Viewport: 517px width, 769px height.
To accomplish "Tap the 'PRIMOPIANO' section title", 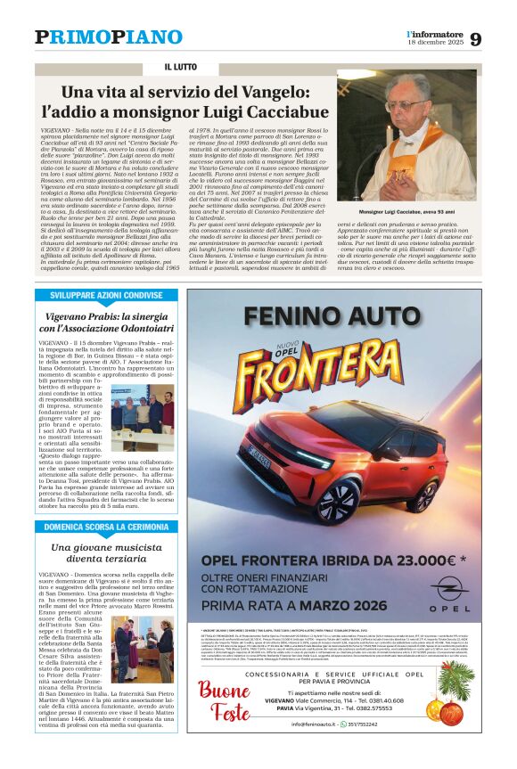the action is pos(108,37).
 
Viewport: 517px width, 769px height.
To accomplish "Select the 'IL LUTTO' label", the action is pos(181,68).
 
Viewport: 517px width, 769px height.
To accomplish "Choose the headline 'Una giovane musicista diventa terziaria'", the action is pos(106,552).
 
